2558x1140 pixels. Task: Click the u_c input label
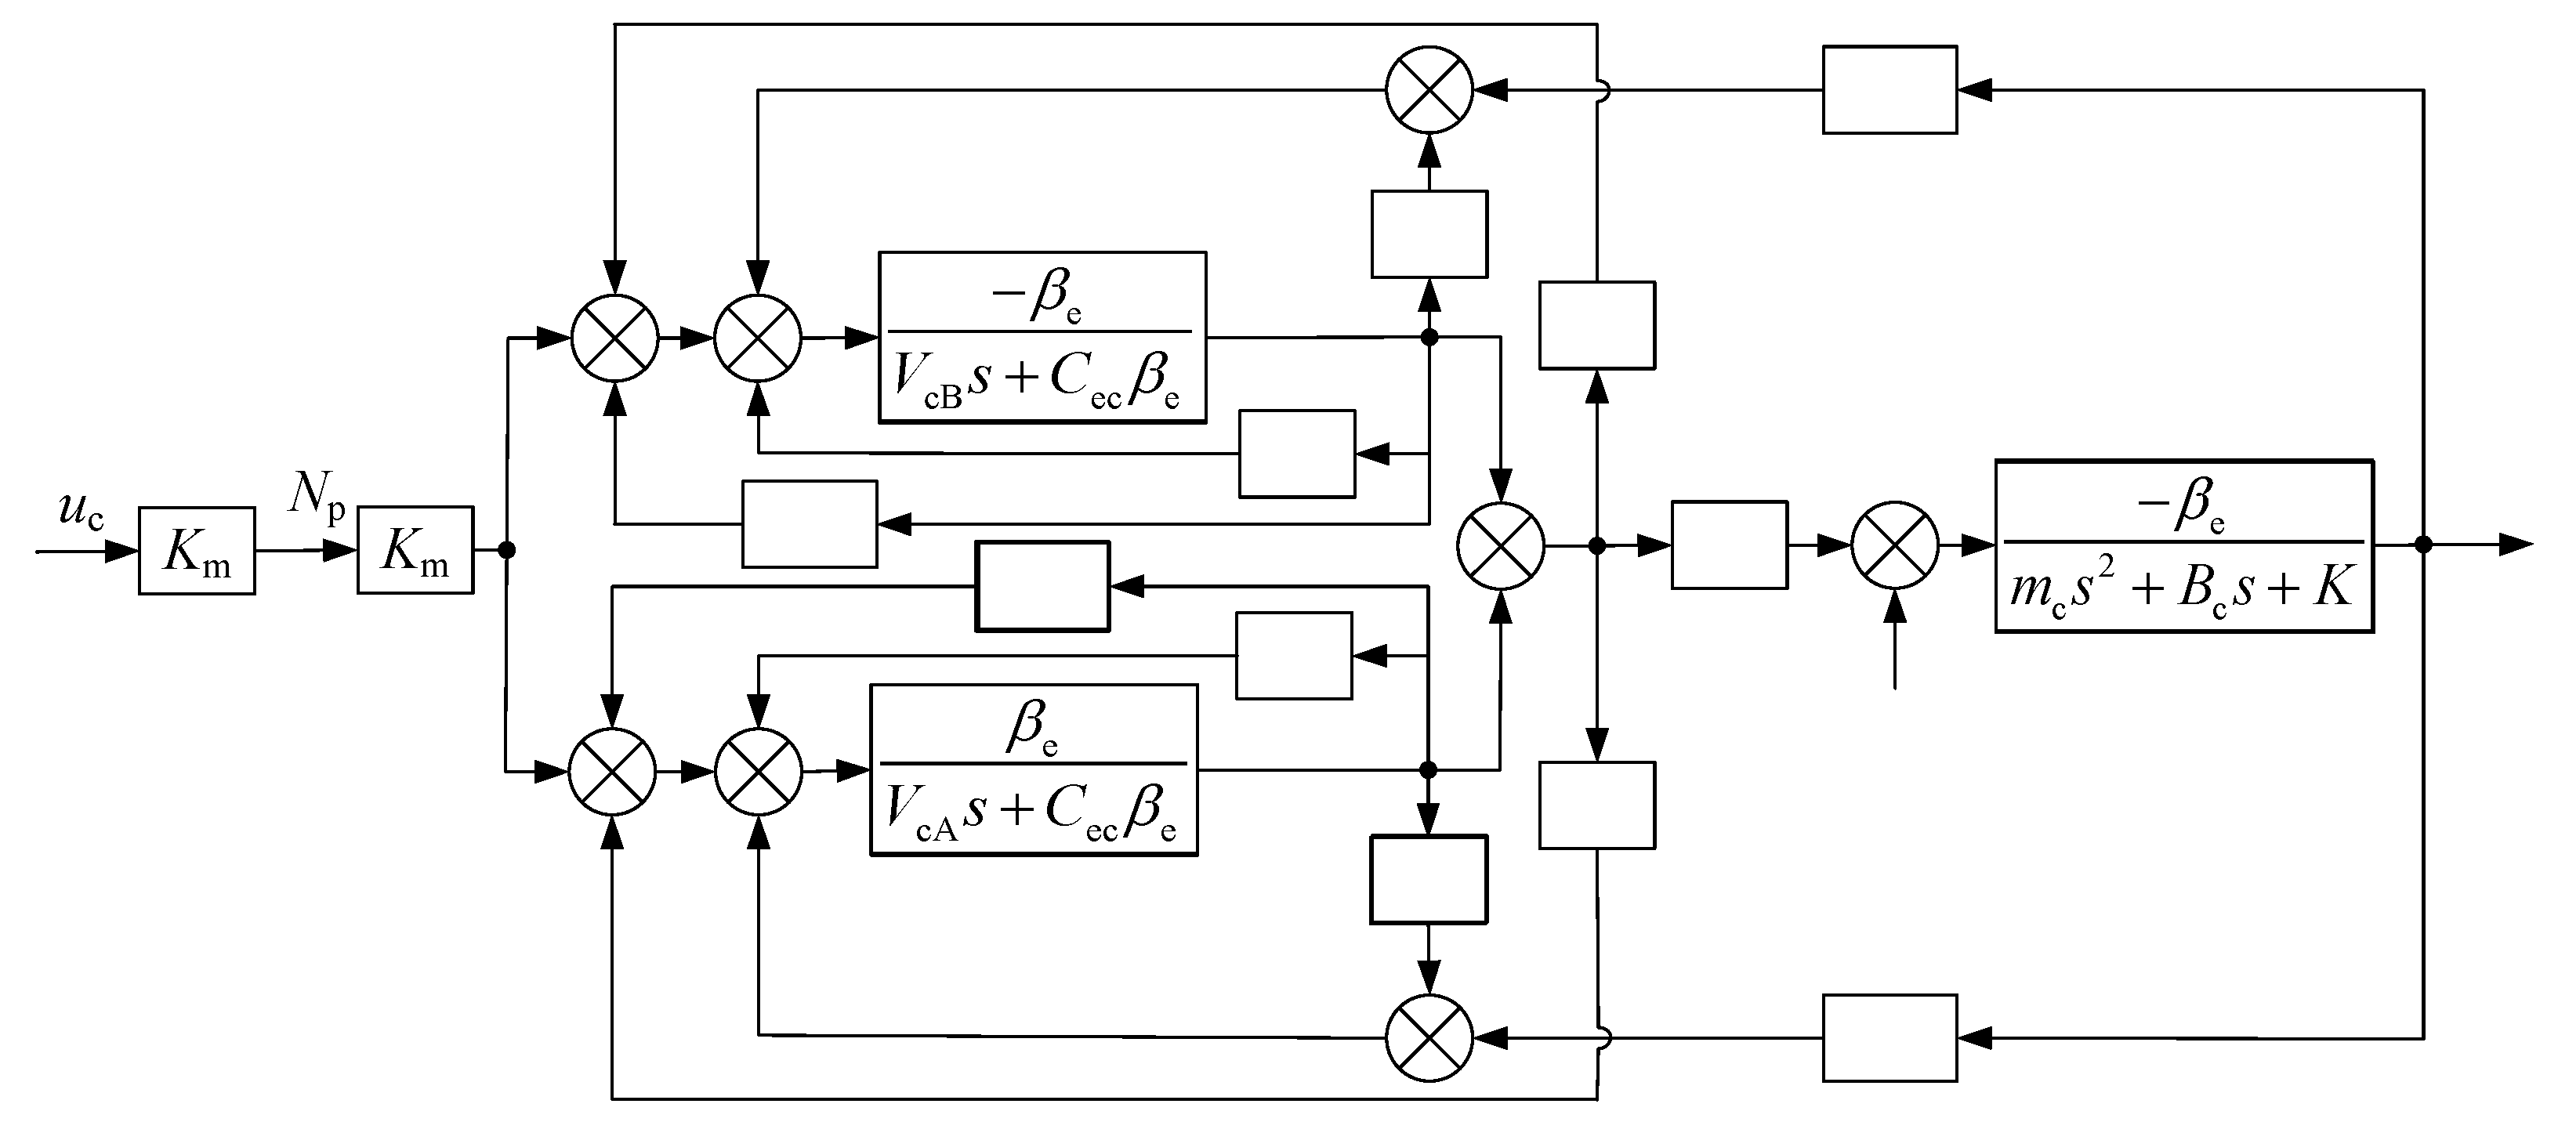click(x=82, y=513)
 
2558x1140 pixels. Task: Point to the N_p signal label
click(x=317, y=494)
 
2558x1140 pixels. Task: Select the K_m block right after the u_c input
click(x=197, y=551)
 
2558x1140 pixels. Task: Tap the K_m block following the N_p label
click(x=415, y=550)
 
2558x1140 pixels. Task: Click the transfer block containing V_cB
click(x=1042, y=338)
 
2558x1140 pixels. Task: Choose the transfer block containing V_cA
click(x=1034, y=769)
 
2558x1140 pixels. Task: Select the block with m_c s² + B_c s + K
click(x=2183, y=546)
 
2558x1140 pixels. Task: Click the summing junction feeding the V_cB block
click(x=758, y=338)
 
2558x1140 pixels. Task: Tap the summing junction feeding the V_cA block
click(x=758, y=771)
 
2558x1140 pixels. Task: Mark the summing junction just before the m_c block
click(x=1895, y=545)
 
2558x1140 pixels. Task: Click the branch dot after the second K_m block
click(x=506, y=549)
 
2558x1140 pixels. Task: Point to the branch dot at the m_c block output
click(x=2423, y=545)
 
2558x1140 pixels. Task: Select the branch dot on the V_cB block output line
click(x=1429, y=338)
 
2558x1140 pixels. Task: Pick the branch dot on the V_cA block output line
click(x=1428, y=769)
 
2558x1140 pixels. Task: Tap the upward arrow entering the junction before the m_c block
click(x=1895, y=606)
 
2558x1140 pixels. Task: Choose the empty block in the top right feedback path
click(x=1890, y=89)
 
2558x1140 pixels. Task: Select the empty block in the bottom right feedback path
click(x=1890, y=1037)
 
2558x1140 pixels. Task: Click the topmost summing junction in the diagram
click(x=1429, y=89)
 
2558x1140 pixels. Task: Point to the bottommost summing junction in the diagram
click(x=1429, y=1037)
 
